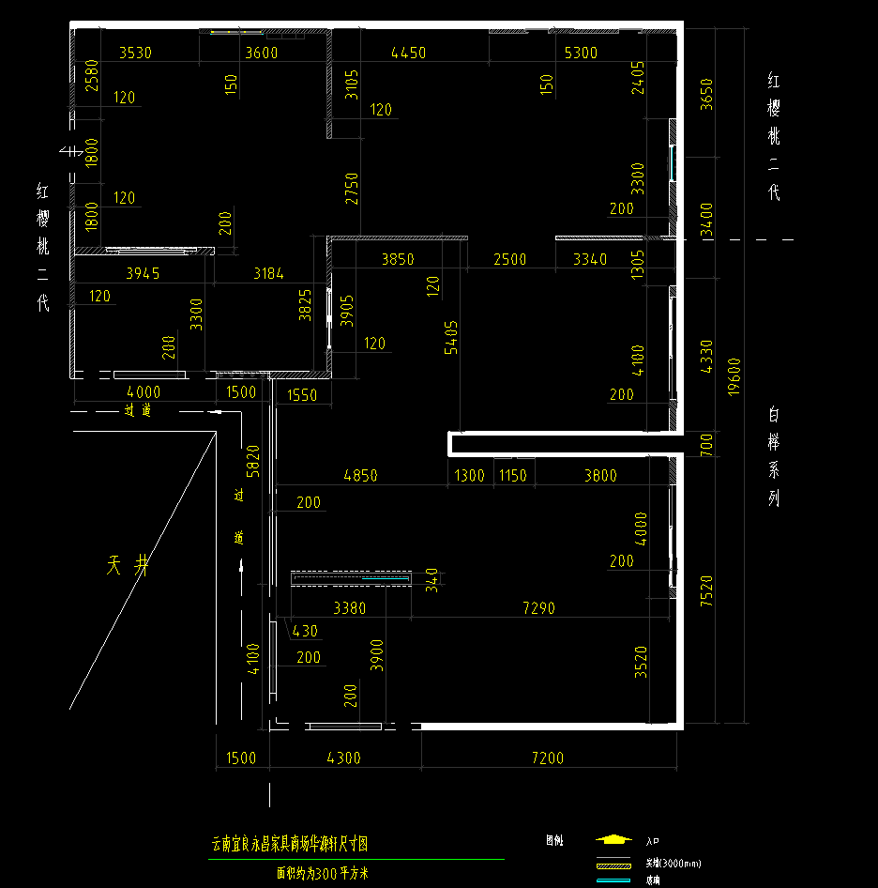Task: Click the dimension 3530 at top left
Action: click(135, 53)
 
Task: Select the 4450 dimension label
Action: click(408, 53)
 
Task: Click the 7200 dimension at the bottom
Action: click(548, 758)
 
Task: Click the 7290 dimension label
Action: click(538, 608)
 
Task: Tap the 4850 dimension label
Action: click(360, 476)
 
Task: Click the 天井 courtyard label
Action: click(129, 565)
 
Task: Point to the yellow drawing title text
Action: click(290, 844)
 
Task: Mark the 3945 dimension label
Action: click(143, 274)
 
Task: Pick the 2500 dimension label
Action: click(510, 259)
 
